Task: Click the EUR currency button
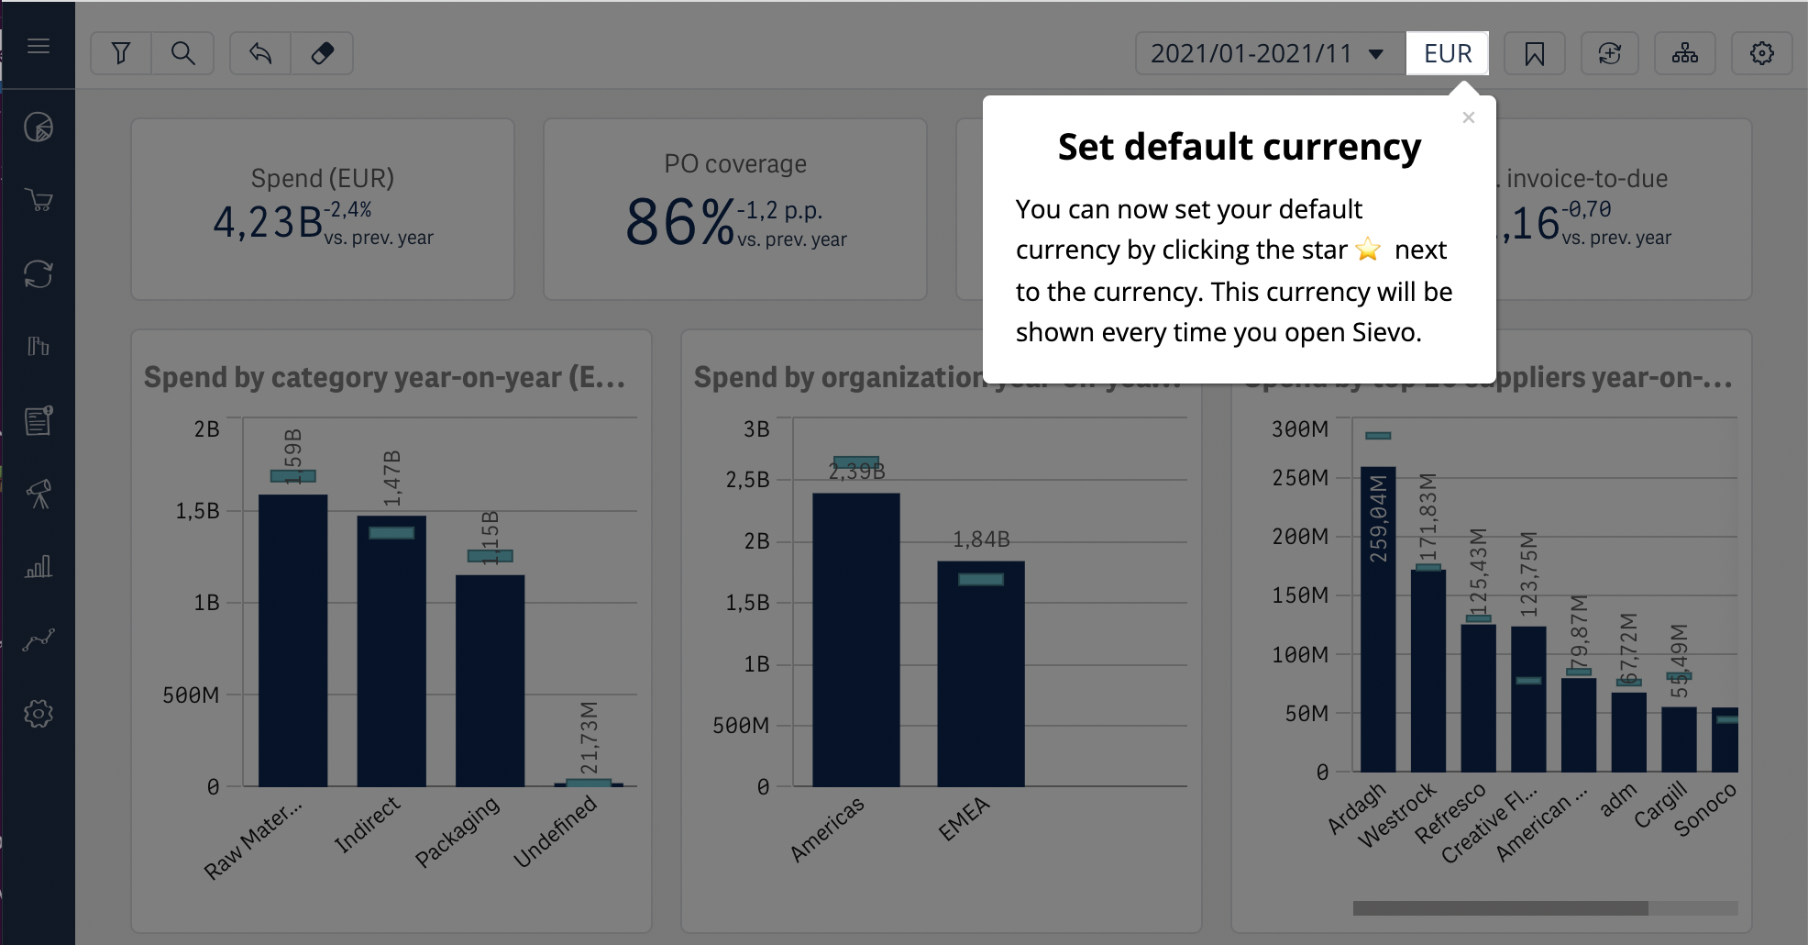tap(1447, 53)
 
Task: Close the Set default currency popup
tap(1468, 117)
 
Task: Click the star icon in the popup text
tap(1368, 250)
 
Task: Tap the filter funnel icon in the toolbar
tap(121, 53)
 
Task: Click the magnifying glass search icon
tap(183, 53)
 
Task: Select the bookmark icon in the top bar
tap(1534, 54)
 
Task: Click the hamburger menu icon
tap(39, 46)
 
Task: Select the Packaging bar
tap(490, 679)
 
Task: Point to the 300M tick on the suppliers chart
tap(1300, 429)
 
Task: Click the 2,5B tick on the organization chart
tap(748, 480)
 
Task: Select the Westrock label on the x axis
tap(1398, 815)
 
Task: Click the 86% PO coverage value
tap(680, 223)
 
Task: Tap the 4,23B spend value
tap(268, 222)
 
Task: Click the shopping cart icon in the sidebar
tap(39, 200)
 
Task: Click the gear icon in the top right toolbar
tap(1761, 53)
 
